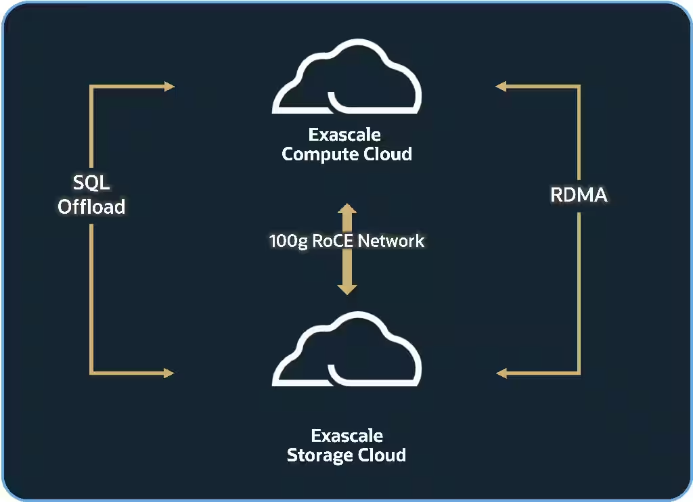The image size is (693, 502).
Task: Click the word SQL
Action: coord(91,183)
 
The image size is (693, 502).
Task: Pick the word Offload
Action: coord(91,206)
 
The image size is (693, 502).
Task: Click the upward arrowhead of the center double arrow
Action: coord(347,209)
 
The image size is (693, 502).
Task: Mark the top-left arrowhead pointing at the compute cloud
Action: coord(169,86)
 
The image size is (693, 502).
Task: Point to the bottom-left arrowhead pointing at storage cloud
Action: coord(169,373)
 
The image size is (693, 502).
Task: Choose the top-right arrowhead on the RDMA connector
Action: coord(501,86)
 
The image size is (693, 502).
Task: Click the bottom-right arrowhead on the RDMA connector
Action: coord(501,373)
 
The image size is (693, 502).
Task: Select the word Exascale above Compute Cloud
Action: coord(344,135)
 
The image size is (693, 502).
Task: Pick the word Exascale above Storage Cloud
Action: coord(346,435)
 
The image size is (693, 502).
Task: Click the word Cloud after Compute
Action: coord(387,154)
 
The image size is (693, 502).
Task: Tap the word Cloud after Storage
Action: coord(382,455)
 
